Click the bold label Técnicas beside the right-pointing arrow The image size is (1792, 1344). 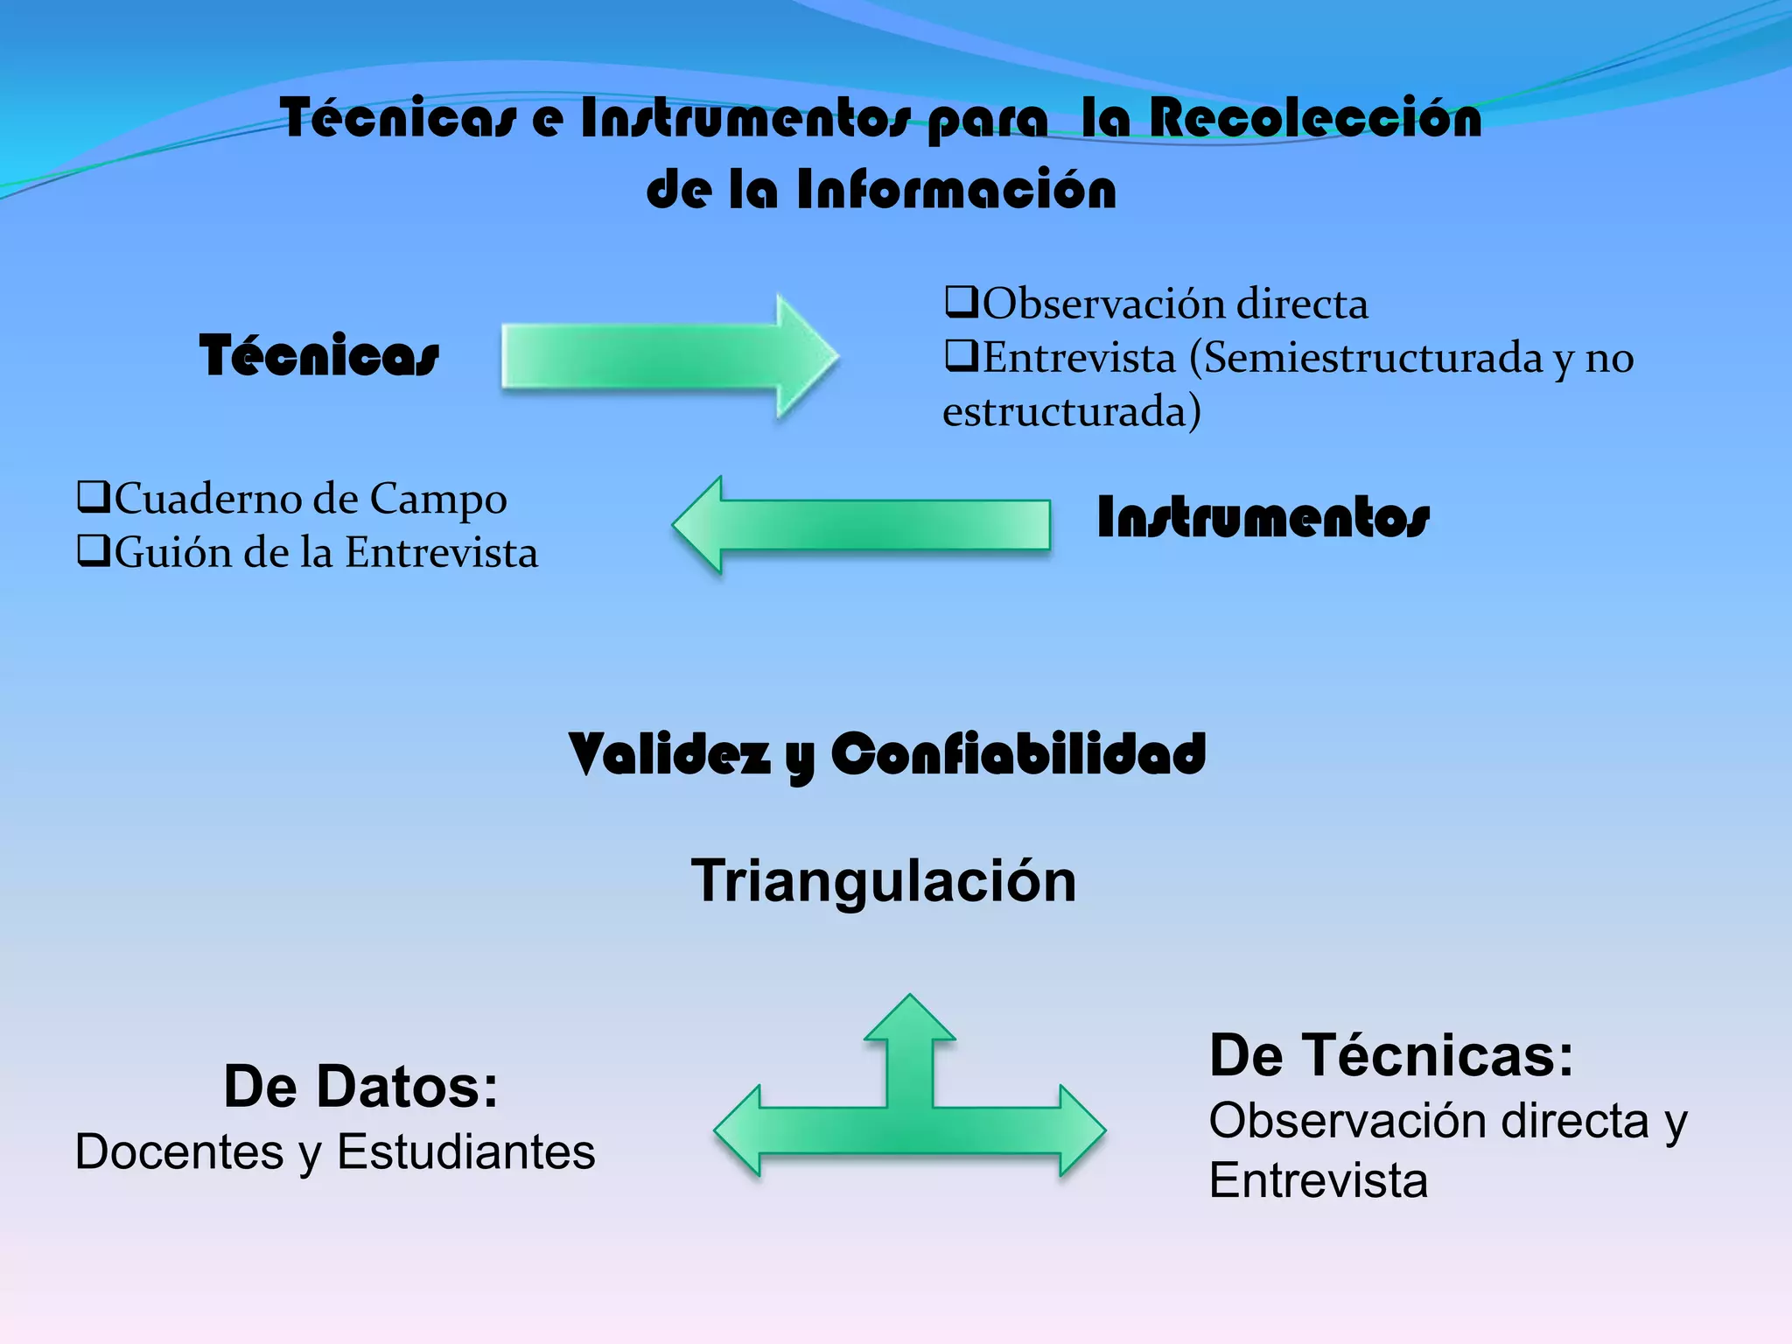click(x=318, y=355)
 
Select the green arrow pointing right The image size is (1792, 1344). click(x=669, y=356)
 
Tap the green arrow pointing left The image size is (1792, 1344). click(x=862, y=525)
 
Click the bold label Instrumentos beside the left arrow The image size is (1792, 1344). click(x=1263, y=517)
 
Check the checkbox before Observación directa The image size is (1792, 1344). click(x=961, y=302)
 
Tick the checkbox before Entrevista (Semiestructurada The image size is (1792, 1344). click(x=961, y=356)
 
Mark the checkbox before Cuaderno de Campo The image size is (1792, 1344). click(x=94, y=497)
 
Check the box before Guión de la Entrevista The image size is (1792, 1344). click(x=94, y=550)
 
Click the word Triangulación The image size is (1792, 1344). click(x=884, y=880)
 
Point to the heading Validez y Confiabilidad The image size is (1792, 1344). click(x=886, y=754)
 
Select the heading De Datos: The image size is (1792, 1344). click(x=360, y=1087)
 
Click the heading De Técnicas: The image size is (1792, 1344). click(x=1391, y=1055)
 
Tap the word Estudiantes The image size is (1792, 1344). click(x=465, y=1151)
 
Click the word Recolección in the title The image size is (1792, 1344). click(x=1315, y=118)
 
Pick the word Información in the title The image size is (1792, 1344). click(x=956, y=189)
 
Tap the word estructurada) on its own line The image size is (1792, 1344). click(x=1072, y=411)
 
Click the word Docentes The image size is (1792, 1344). click(x=179, y=1151)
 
